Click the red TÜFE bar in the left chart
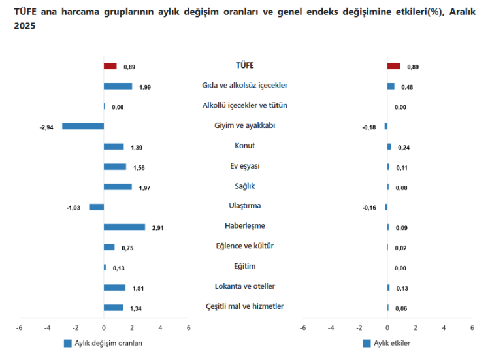(x=110, y=66)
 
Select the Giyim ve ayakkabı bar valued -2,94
(x=83, y=127)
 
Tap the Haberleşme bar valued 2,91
(x=124, y=227)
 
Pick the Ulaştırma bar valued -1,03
(x=97, y=207)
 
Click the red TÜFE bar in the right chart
(x=393, y=66)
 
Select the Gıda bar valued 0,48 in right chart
(x=391, y=86)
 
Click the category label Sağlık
(x=245, y=186)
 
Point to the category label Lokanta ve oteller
(x=245, y=286)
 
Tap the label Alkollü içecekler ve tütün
(x=245, y=105)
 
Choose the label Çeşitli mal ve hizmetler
(x=245, y=306)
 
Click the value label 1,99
(x=144, y=87)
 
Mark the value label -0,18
(x=369, y=127)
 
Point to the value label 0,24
(x=403, y=148)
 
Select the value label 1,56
(x=139, y=168)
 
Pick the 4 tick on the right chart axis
(x=444, y=328)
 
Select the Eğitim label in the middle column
(x=245, y=266)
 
